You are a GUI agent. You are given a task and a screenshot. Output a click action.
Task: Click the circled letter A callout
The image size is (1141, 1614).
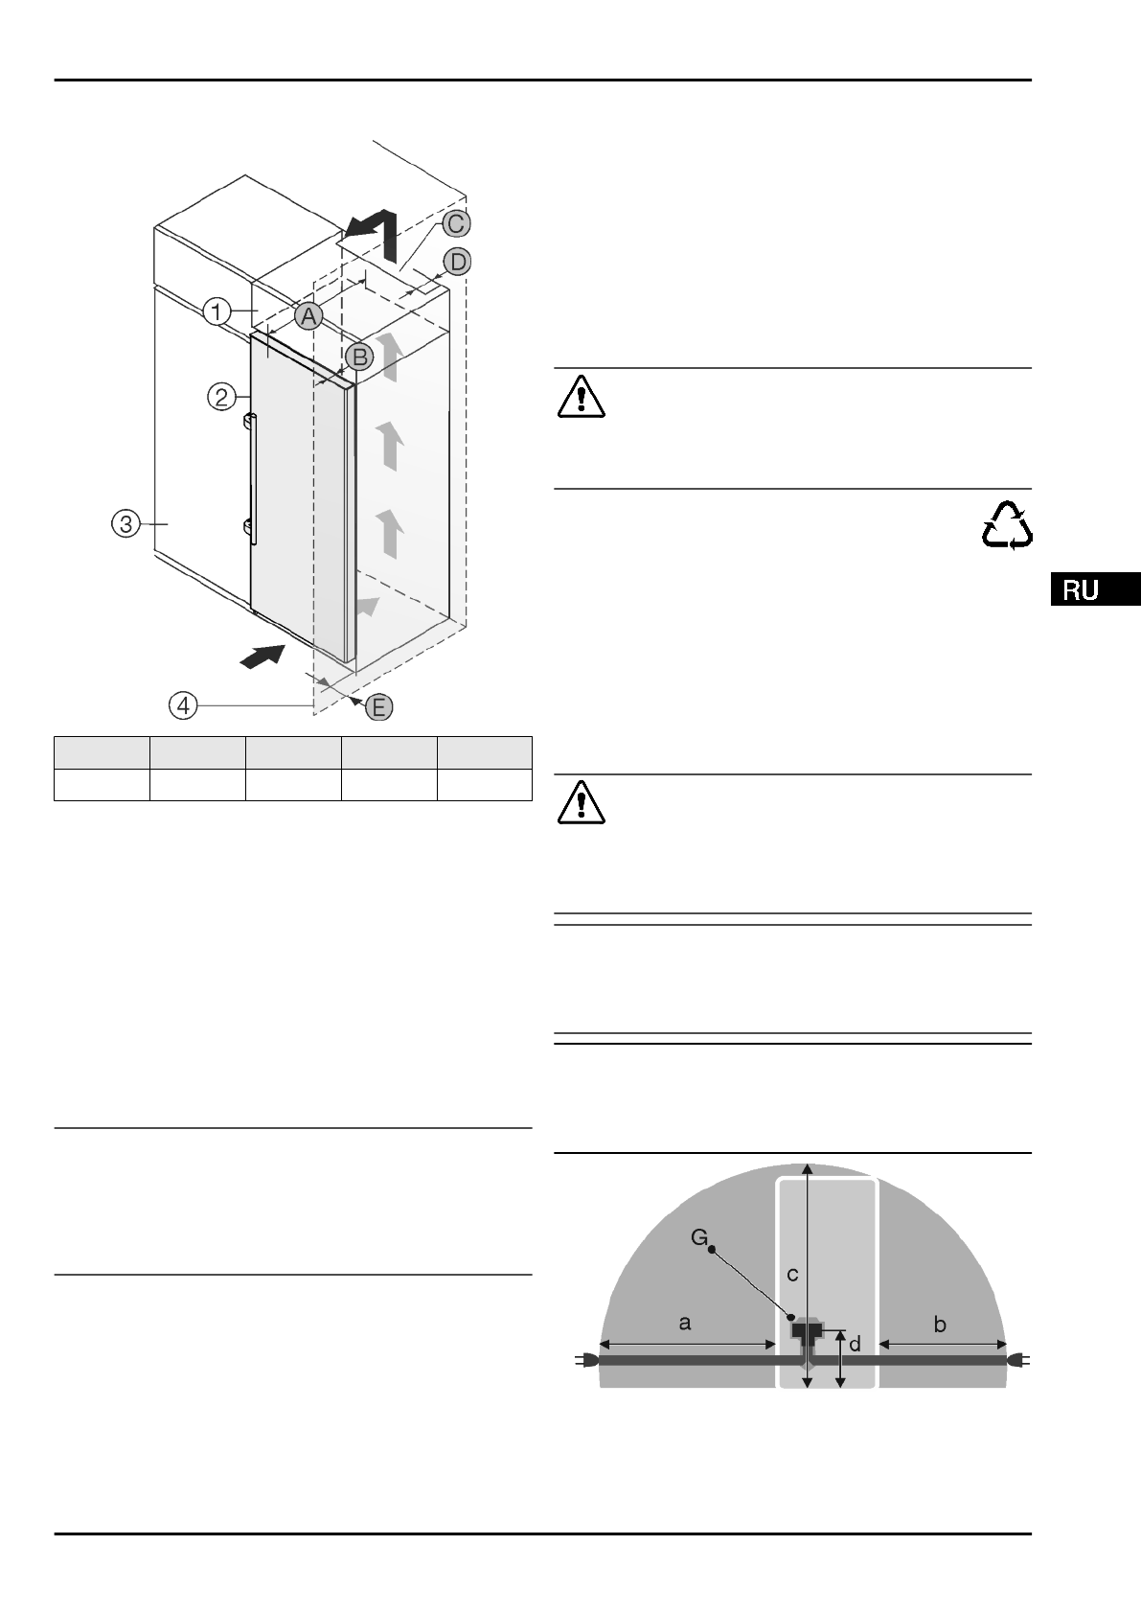[308, 316]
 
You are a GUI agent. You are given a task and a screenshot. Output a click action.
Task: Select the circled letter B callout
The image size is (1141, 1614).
[358, 357]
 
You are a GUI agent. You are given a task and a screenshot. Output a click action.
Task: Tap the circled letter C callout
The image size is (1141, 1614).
[456, 223]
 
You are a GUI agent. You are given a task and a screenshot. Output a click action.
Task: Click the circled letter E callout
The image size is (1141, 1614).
[379, 707]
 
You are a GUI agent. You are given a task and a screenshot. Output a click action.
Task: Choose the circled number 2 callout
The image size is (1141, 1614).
[221, 396]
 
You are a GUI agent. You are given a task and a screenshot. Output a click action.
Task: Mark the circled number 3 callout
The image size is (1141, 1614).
[126, 523]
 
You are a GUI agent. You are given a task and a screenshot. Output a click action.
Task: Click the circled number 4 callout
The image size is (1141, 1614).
[183, 705]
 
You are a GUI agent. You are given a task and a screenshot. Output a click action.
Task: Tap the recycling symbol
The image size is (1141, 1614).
[1007, 526]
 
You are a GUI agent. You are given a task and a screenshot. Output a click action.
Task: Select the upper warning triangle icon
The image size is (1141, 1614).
[581, 397]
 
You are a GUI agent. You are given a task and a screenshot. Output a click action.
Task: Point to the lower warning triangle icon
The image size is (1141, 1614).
[581, 803]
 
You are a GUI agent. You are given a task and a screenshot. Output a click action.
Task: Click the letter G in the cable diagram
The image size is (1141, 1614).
[699, 1238]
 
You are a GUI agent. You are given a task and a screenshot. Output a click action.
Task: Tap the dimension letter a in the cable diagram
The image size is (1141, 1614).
[684, 1323]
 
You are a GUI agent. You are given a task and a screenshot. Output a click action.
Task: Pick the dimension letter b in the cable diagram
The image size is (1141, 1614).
[940, 1324]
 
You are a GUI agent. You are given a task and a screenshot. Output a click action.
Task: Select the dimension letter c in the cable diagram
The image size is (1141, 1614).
[792, 1274]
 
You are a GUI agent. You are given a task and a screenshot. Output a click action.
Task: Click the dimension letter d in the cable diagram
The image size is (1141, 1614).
[855, 1344]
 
